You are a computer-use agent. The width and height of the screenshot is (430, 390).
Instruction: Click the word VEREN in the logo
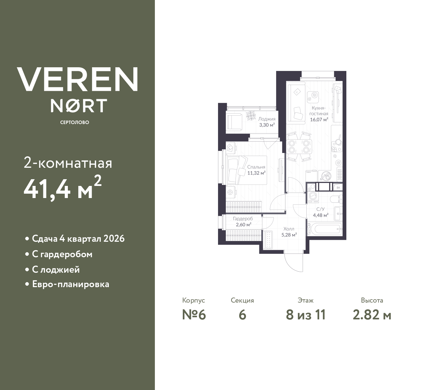[x=77, y=79]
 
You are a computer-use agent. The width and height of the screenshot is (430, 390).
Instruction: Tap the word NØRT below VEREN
[x=79, y=106]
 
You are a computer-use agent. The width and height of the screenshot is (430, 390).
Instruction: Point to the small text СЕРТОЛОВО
[x=75, y=122]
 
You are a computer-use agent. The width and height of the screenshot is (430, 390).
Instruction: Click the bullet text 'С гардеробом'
[x=62, y=254]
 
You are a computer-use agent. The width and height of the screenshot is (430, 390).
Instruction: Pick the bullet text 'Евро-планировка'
[x=71, y=284]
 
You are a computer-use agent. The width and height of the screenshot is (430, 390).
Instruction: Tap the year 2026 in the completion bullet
[x=114, y=239]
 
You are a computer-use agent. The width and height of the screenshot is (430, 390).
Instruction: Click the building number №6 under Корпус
[x=194, y=315]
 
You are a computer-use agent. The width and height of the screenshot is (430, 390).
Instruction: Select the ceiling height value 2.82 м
[x=372, y=315]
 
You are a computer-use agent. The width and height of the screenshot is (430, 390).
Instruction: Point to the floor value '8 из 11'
[x=306, y=315]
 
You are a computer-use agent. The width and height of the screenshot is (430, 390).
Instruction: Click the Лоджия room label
[x=267, y=119]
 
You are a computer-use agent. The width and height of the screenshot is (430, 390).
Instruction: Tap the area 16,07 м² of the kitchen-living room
[x=319, y=119]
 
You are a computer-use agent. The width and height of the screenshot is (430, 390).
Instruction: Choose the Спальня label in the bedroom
[x=256, y=167]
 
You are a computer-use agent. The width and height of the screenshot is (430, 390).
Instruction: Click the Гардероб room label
[x=243, y=219]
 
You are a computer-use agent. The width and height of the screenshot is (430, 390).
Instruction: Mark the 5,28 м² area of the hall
[x=289, y=235]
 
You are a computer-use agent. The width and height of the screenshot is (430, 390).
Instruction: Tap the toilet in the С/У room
[x=336, y=199]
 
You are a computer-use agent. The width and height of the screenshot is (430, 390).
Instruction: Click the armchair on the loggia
[x=234, y=121]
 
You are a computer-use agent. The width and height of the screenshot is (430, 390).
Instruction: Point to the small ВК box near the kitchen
[x=338, y=187]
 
